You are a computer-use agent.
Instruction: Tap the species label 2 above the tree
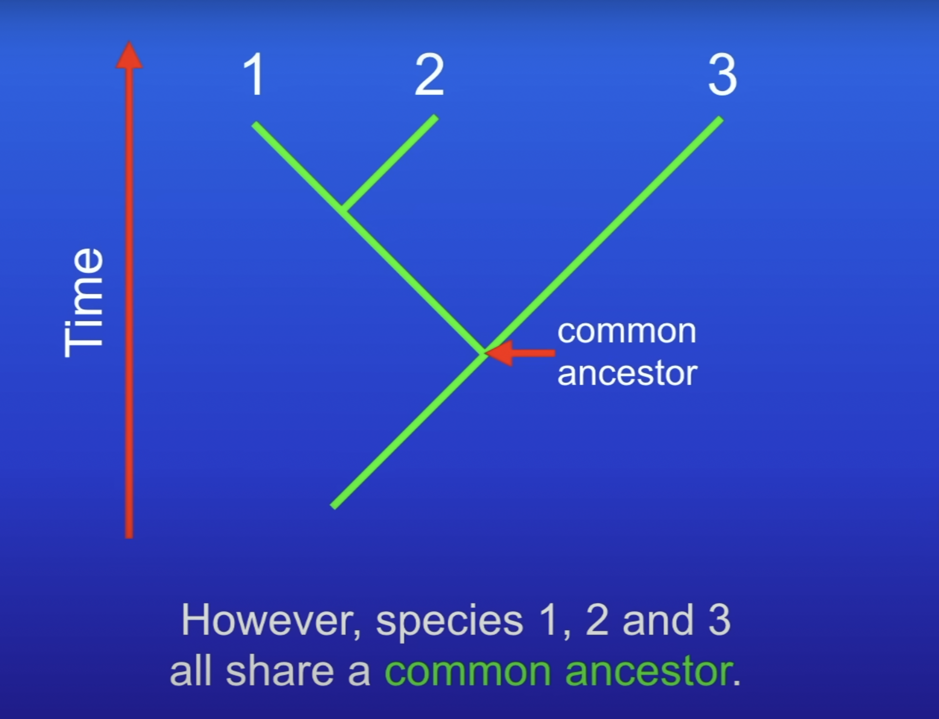click(x=429, y=74)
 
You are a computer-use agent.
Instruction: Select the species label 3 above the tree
click(x=722, y=74)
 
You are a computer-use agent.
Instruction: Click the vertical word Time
click(x=83, y=303)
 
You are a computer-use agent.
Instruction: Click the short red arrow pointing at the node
click(x=520, y=353)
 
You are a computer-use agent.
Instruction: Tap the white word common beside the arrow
click(x=627, y=332)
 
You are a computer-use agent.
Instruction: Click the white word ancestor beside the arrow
click(x=627, y=374)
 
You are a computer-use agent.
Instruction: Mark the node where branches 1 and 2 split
click(x=345, y=209)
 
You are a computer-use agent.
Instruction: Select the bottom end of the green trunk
click(x=333, y=506)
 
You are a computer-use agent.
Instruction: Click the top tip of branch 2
click(x=436, y=118)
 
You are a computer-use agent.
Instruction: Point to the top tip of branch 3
click(x=721, y=119)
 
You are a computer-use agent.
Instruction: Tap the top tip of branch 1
click(x=255, y=125)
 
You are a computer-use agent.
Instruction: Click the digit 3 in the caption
click(x=719, y=620)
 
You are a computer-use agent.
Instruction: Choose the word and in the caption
click(x=658, y=620)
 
